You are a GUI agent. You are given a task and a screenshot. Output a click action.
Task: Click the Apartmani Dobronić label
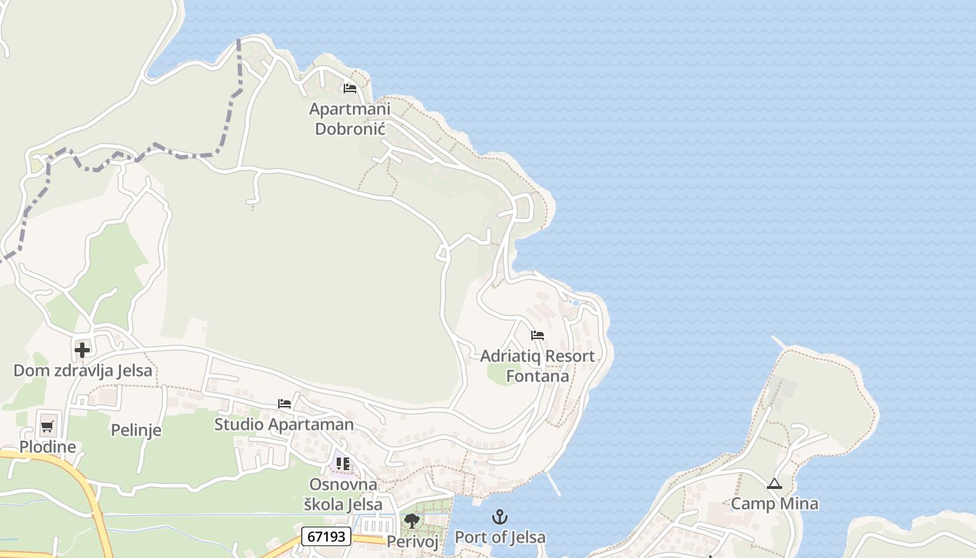tap(350, 119)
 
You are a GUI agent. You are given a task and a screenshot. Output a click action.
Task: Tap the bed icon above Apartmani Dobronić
tap(350, 89)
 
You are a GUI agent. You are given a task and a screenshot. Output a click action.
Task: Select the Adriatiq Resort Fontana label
tap(537, 365)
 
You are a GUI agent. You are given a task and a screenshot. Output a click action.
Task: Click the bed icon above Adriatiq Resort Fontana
tap(537, 335)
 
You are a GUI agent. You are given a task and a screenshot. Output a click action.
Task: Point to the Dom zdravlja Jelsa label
tap(82, 370)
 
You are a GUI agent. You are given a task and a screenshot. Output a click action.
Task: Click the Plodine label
tap(47, 446)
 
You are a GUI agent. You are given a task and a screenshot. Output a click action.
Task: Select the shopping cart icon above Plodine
tap(47, 426)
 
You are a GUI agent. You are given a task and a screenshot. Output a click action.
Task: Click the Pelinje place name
tap(136, 430)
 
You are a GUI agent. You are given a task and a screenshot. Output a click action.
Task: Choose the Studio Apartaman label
tap(284, 424)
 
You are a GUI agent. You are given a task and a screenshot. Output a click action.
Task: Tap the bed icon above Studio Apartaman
tap(284, 404)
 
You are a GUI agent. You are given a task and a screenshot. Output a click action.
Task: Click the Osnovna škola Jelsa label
tap(342, 494)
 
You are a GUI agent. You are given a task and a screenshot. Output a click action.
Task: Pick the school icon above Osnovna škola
tap(342, 464)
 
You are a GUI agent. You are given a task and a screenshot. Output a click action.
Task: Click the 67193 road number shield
tap(326, 536)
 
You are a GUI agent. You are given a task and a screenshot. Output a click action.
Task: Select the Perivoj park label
tap(412, 541)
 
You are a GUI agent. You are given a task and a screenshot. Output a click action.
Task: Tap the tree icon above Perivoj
tap(412, 520)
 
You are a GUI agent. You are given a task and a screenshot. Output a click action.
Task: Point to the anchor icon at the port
tap(500, 517)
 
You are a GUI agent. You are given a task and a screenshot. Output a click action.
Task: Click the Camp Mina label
tap(775, 504)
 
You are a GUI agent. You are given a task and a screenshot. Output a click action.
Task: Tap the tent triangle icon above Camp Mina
tap(775, 483)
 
